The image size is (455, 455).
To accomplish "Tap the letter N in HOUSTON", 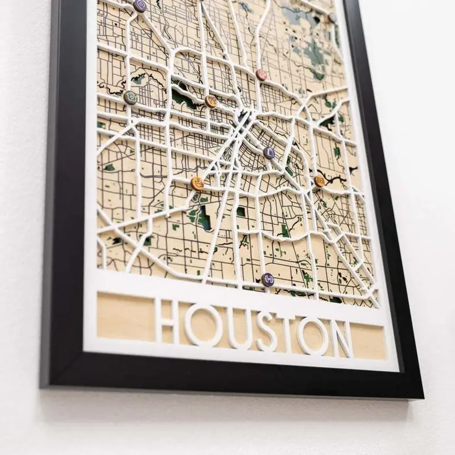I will (x=342, y=339).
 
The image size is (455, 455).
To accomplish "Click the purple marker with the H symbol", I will (x=268, y=279).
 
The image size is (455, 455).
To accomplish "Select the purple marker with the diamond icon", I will (x=269, y=153).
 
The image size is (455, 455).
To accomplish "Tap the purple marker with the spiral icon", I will (x=140, y=6).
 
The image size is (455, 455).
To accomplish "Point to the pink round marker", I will (x=262, y=75).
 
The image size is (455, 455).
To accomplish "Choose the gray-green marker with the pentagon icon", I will (x=131, y=98).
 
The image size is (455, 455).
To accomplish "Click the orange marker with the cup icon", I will (x=197, y=183).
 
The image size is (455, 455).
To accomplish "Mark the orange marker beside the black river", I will (x=319, y=181).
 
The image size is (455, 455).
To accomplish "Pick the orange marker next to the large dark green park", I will (x=211, y=101).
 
